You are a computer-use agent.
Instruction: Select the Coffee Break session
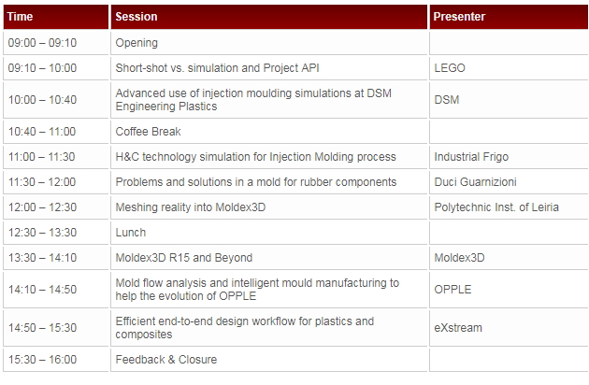tap(148, 132)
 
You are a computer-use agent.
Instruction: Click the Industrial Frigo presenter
tap(471, 157)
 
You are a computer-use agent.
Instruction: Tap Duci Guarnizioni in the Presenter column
tap(475, 182)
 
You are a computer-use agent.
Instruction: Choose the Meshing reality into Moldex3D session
tap(191, 207)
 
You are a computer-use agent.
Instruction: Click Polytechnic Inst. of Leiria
tap(496, 207)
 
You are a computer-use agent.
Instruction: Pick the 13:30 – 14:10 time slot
tap(42, 258)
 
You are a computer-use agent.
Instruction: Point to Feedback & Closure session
tap(166, 360)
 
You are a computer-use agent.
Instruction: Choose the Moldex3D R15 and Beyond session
tap(183, 258)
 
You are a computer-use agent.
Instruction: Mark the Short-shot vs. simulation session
tap(217, 68)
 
